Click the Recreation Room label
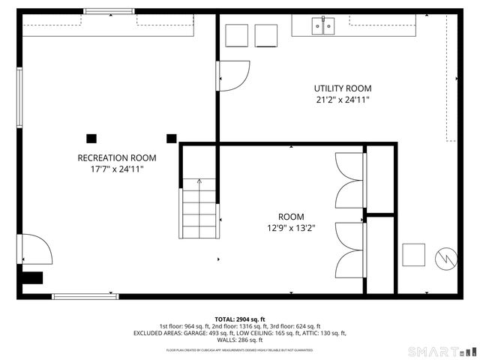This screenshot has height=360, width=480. tap(117, 157)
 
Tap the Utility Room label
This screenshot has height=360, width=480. tap(343, 88)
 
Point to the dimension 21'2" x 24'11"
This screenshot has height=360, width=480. tap(343, 100)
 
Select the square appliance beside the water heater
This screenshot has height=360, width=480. tap(413, 255)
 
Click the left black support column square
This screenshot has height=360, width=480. tap(91, 138)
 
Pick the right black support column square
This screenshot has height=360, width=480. tap(171, 138)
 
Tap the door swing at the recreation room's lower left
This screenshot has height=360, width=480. tap(36, 250)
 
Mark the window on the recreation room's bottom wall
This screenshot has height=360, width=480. tap(75, 296)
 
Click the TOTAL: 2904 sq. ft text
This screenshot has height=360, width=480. tap(240, 319)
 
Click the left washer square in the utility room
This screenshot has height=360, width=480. tap(236, 36)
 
